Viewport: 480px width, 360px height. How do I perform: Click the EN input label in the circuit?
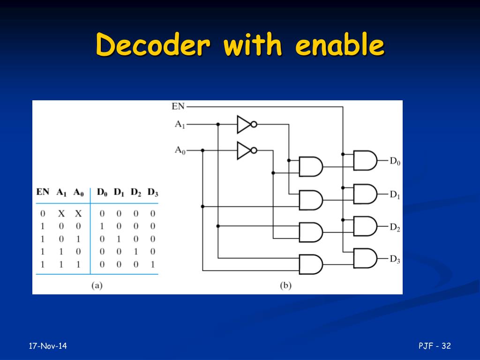pos(178,106)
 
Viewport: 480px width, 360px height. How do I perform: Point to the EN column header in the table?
pos(43,192)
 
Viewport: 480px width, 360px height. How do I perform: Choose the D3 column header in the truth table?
pos(153,192)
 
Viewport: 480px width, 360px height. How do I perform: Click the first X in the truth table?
pos(61,214)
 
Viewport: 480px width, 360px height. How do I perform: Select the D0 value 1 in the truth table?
pos(102,226)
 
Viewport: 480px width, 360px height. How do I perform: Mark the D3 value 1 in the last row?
pos(152,264)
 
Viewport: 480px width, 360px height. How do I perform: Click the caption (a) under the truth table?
pos(96,285)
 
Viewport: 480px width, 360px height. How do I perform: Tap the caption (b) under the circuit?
pos(285,285)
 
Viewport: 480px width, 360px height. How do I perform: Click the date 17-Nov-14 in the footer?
pos(48,346)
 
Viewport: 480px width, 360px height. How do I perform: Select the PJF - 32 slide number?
pos(435,346)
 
